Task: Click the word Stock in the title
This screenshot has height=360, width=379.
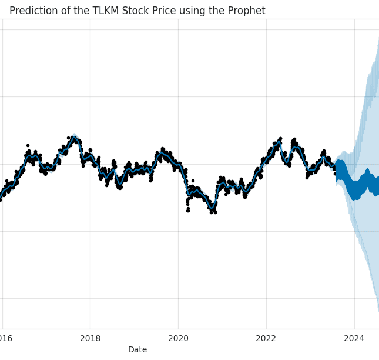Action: [x=138, y=11]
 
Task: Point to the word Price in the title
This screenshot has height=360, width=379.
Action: [x=167, y=11]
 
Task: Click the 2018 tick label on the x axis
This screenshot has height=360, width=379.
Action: [x=90, y=338]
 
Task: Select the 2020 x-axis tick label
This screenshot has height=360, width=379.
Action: [x=178, y=338]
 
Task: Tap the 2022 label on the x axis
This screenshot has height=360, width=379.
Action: [x=266, y=338]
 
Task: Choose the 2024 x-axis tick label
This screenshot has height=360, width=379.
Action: [x=354, y=338]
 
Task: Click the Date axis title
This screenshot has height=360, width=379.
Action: [x=137, y=349]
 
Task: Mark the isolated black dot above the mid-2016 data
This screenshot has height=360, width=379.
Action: [x=28, y=145]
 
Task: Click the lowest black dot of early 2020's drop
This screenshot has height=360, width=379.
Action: [x=188, y=210]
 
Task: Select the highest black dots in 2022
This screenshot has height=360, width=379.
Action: [x=280, y=139]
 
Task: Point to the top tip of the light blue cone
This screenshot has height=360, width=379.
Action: [x=378, y=39]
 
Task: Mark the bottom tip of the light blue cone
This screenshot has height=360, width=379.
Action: [x=378, y=311]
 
